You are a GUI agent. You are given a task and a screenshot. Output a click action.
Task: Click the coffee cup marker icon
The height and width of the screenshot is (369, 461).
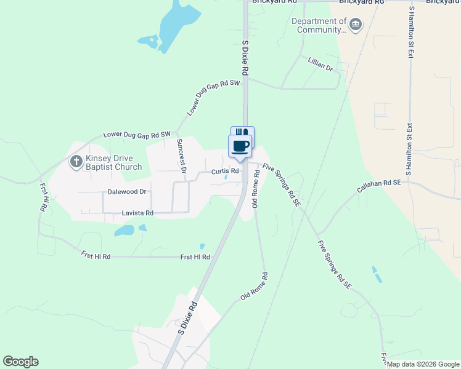[x=240, y=146]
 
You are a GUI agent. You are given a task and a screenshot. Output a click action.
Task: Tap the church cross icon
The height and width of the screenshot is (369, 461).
[x=76, y=162]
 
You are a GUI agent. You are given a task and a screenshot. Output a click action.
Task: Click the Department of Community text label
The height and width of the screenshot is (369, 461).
[x=319, y=25]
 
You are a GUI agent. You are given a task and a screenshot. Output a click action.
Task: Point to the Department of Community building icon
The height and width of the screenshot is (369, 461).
[x=355, y=25]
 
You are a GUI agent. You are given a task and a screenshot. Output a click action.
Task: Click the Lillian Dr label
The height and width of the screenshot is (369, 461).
[x=320, y=64]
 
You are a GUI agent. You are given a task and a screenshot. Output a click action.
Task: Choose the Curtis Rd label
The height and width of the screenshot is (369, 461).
[x=225, y=171]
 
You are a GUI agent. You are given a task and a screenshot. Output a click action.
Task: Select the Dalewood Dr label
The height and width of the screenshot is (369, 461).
[x=127, y=192]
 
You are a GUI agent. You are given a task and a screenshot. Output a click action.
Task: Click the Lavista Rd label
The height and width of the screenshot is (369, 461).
[x=137, y=213]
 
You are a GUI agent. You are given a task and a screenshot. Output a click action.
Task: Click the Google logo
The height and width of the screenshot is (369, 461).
[x=20, y=362]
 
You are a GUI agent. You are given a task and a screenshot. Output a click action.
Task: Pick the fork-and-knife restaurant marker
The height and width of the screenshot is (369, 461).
[x=242, y=132]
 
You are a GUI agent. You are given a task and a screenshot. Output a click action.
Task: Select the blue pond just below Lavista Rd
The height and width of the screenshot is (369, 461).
[x=124, y=231]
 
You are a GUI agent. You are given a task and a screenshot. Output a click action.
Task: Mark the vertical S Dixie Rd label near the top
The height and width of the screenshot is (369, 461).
[x=245, y=58]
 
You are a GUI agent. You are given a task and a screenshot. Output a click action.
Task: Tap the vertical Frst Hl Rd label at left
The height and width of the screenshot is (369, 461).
[x=44, y=197]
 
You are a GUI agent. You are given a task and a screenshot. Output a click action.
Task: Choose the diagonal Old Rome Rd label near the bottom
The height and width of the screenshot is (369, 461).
[x=255, y=287]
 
